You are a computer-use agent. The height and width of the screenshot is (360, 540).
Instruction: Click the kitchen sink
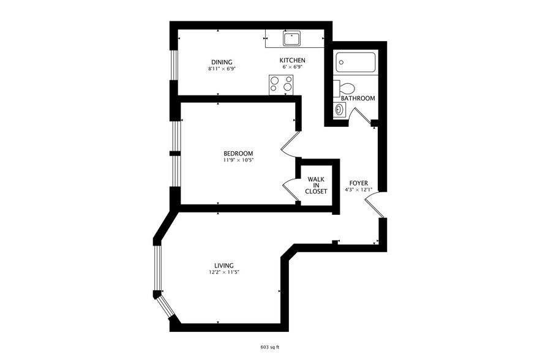click(292, 39)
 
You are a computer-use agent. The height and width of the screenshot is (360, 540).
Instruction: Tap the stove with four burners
click(281, 84)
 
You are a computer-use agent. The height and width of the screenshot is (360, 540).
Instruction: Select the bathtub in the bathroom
click(356, 63)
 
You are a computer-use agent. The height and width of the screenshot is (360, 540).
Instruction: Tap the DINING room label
click(222, 62)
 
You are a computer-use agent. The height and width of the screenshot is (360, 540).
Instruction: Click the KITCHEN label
click(293, 60)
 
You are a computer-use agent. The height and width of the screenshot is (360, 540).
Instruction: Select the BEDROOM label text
click(238, 153)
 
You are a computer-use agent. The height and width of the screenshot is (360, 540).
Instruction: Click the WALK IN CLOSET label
click(317, 185)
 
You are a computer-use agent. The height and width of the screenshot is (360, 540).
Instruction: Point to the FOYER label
click(359, 183)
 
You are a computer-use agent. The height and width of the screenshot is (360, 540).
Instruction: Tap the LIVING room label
click(224, 265)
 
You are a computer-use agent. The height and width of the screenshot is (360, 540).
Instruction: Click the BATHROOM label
click(358, 98)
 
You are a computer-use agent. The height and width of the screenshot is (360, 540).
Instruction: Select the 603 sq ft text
click(270, 347)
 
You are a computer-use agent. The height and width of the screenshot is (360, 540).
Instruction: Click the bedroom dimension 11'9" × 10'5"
click(238, 160)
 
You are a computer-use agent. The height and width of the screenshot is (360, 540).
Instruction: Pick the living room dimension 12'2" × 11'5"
click(223, 272)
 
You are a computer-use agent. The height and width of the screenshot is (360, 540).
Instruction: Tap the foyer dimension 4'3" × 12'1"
click(359, 190)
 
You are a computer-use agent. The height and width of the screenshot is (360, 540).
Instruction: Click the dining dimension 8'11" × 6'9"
click(222, 69)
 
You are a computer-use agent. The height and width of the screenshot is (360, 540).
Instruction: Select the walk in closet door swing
click(288, 189)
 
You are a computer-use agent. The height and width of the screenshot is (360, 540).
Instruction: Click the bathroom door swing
click(361, 114)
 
